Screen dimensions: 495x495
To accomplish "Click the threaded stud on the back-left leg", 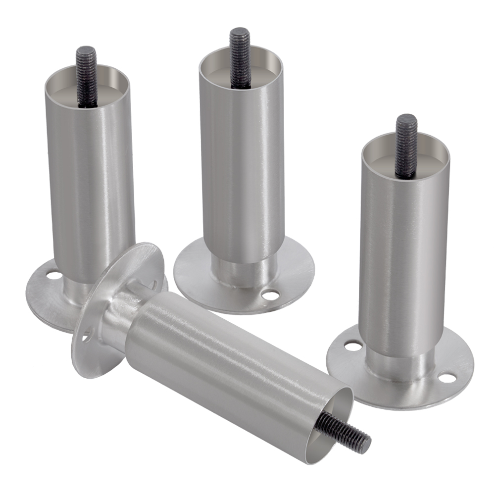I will (x=86, y=74).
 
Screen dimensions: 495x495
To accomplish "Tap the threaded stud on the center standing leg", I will (x=240, y=57).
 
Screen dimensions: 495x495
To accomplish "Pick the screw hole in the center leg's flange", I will (x=270, y=296).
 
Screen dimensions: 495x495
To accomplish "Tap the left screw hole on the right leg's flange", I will (x=352, y=346).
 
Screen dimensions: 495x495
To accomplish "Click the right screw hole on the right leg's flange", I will (x=446, y=378).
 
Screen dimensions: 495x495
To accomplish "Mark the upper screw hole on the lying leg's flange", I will (x=153, y=285).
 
